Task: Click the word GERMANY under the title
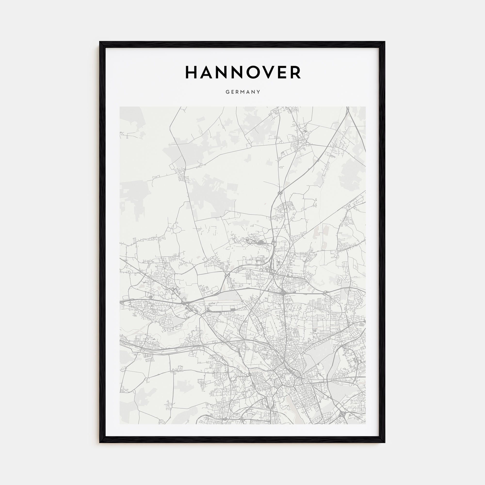pyautogui.click(x=243, y=92)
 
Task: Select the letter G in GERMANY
pyautogui.click(x=227, y=92)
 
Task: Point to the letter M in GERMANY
pyautogui.click(x=243, y=92)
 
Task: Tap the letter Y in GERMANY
pyautogui.click(x=258, y=92)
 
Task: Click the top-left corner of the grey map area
pyautogui.click(x=120, y=107)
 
